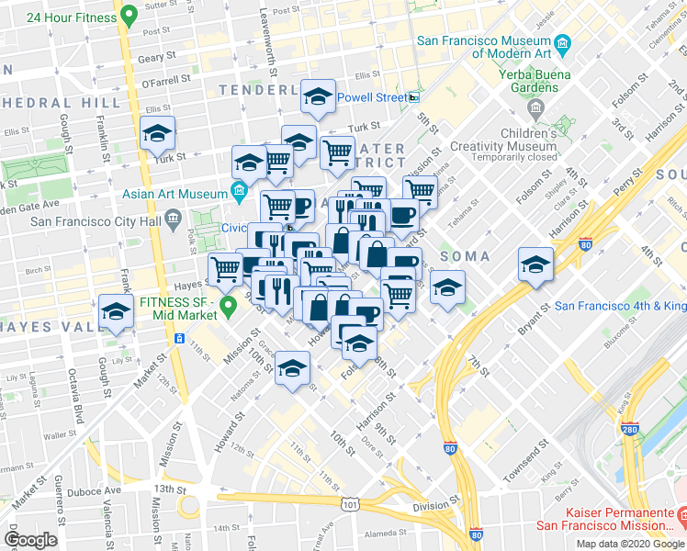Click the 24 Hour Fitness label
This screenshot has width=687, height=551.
71,17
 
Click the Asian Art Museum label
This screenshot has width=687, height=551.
175,194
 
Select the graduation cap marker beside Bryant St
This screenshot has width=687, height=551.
535,265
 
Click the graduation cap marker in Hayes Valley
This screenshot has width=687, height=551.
116,312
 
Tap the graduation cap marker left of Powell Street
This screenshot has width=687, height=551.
318,96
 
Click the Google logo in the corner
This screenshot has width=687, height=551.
31,539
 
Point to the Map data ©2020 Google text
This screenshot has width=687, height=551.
630,544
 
